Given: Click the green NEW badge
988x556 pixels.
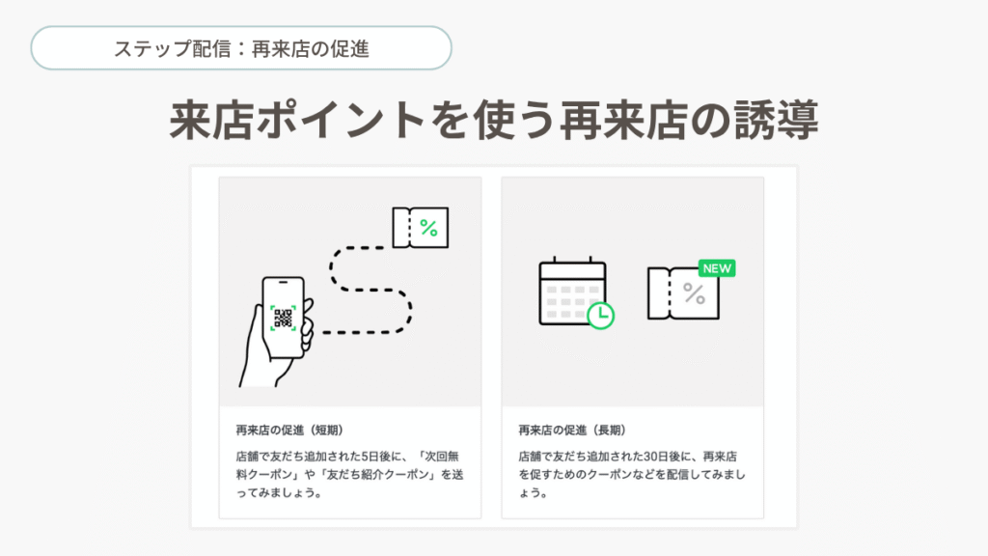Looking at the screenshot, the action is (717, 268).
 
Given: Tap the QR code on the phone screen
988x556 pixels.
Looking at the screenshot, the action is (283, 319).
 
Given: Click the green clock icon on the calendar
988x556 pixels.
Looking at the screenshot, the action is (600, 316).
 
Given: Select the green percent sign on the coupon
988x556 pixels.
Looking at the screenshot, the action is (428, 228).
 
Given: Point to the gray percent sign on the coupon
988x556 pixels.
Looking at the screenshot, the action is (694, 293).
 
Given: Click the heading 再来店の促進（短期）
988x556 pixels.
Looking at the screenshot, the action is (289, 430).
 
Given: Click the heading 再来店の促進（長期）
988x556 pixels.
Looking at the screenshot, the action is (572, 430).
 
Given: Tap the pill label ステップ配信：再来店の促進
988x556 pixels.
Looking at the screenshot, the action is (241, 48).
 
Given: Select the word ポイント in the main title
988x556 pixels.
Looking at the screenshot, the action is (342, 120).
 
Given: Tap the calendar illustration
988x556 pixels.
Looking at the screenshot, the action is (572, 291).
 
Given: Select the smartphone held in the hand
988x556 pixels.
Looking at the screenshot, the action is (284, 318).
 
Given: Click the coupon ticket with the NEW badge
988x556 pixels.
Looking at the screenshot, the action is (684, 293).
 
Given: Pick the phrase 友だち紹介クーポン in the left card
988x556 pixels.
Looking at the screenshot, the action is (378, 475).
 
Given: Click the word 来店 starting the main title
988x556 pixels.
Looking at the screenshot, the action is (212, 120).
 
